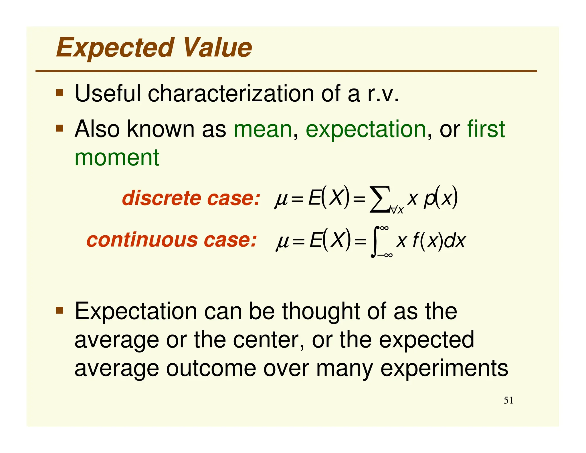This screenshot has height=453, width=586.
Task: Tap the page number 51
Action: pos(508,400)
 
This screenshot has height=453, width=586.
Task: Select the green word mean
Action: pos(263,129)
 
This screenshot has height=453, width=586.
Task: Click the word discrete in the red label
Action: pos(162,198)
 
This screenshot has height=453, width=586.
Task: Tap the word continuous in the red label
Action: pos(142,240)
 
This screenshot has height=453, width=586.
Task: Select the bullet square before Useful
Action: pos(60,93)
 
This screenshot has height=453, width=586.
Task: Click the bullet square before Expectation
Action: pos(60,310)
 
